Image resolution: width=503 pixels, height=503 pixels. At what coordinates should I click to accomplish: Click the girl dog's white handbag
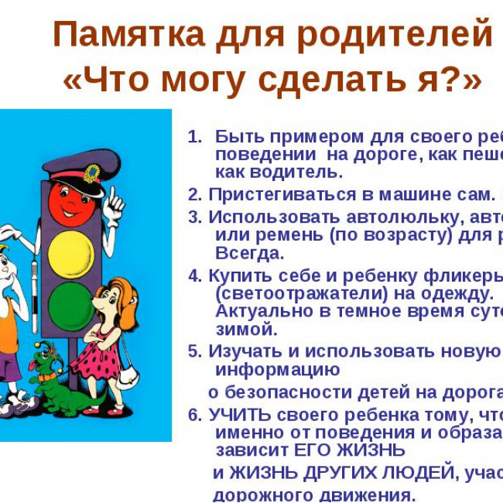129,380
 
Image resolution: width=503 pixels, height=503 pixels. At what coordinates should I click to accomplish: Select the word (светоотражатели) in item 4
293,293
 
